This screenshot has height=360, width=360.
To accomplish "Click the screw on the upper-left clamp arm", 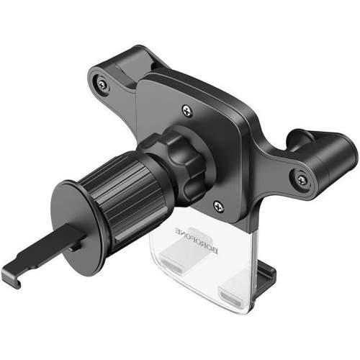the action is [x=102, y=84].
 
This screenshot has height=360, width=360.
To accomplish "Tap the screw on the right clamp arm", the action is [x=302, y=179].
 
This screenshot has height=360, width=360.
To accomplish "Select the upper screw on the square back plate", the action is [x=187, y=110].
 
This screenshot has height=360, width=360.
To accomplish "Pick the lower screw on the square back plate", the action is [x=218, y=206].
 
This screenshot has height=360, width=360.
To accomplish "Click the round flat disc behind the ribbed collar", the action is [x=73, y=228].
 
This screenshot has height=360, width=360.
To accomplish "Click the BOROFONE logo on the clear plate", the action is [x=197, y=241].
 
